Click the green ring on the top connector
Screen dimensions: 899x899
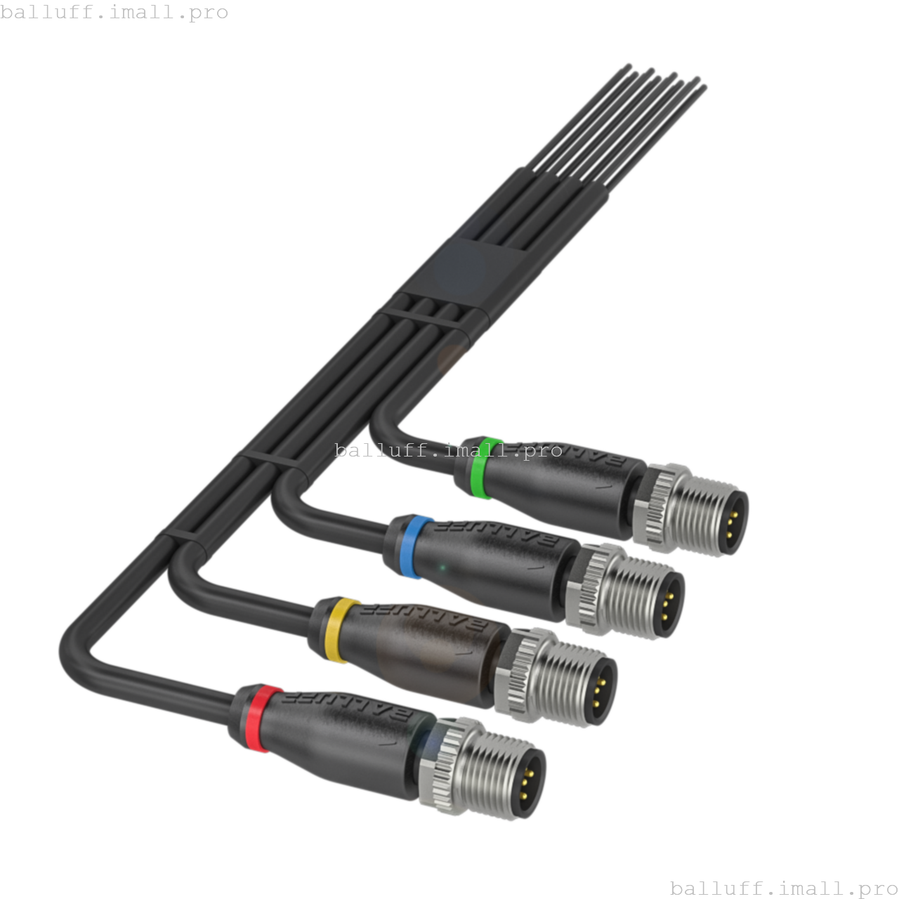point(485,468)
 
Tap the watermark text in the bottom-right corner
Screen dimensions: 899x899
point(783,888)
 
